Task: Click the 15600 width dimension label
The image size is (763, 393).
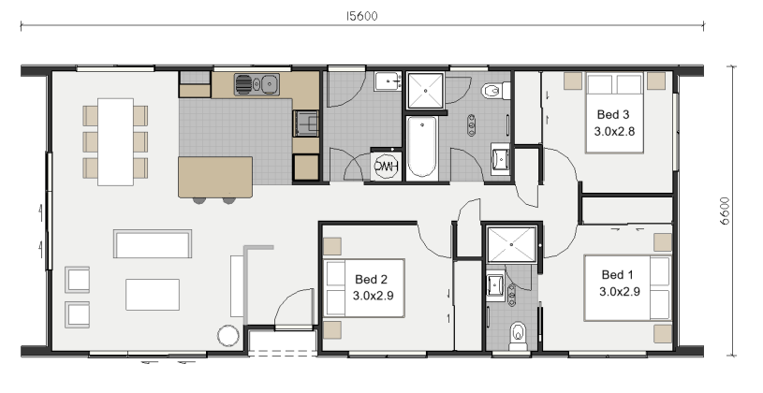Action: point(361,16)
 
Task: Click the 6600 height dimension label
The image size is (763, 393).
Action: point(725,211)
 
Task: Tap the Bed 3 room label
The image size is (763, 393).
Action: point(614,124)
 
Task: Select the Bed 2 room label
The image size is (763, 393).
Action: point(373,287)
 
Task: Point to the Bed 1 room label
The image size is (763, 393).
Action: point(619,284)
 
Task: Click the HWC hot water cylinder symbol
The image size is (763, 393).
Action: point(386,166)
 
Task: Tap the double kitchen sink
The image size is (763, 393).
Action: point(257,84)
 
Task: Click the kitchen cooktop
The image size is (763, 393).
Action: point(305,124)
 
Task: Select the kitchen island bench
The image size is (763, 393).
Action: point(215,177)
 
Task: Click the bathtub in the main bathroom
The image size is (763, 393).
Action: point(422,147)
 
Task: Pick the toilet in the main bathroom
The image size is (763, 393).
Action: point(495,91)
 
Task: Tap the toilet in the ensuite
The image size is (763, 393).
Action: point(518,337)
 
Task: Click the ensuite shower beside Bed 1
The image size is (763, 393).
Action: point(512,244)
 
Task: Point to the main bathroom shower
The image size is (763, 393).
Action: point(425,91)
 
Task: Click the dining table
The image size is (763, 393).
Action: point(115,141)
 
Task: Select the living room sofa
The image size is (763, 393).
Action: point(153,243)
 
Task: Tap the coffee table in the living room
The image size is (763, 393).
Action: point(153,294)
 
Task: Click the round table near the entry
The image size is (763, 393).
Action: point(228,336)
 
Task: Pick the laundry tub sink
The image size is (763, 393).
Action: point(388,81)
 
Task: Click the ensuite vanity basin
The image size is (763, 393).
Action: point(495,286)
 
